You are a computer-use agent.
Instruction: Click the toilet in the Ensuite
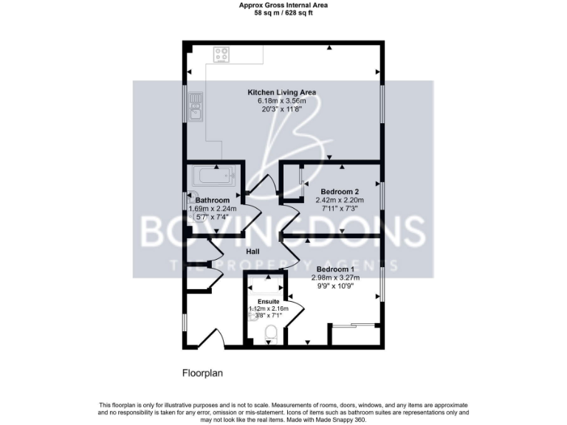[271, 336]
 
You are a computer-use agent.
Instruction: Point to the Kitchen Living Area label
[281, 92]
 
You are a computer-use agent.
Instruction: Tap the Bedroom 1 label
[335, 269]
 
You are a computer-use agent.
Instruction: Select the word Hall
[252, 252]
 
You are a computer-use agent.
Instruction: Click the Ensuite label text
[269, 301]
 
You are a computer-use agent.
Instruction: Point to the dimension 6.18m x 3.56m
[281, 100]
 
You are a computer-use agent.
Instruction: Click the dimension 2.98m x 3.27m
[335, 277]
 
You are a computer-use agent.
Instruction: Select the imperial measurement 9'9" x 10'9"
[335, 286]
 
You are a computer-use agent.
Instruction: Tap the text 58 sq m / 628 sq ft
[283, 13]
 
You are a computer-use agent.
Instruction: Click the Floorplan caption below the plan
[202, 373]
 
